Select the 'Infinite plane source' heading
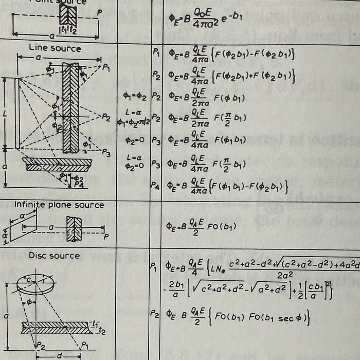click(x=59, y=205)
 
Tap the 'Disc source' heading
click(x=54, y=255)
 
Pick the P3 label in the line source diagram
click(x=106, y=152)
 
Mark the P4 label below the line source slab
click(x=78, y=184)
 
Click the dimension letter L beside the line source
click(x=5, y=112)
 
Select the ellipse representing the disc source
click(x=34, y=283)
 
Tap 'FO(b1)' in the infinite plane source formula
click(x=222, y=226)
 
